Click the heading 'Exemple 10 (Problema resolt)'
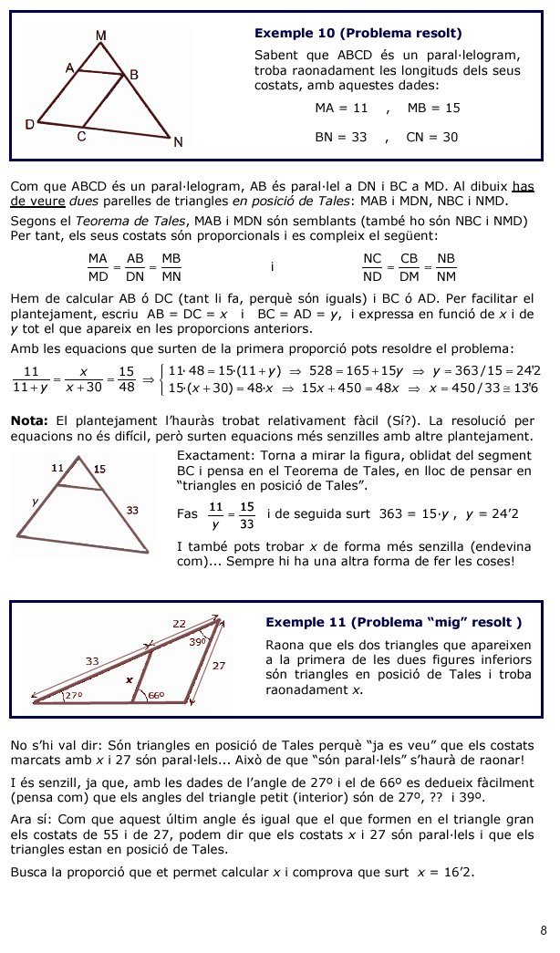tap(358, 34)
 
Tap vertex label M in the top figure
tap(100, 36)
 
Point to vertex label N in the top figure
tap(178, 141)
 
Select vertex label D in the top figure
tap(29, 124)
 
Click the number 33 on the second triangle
tap(132, 511)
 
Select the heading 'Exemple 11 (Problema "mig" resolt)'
tap(393, 622)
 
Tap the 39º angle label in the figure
tap(197, 642)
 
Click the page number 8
tap(544, 930)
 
